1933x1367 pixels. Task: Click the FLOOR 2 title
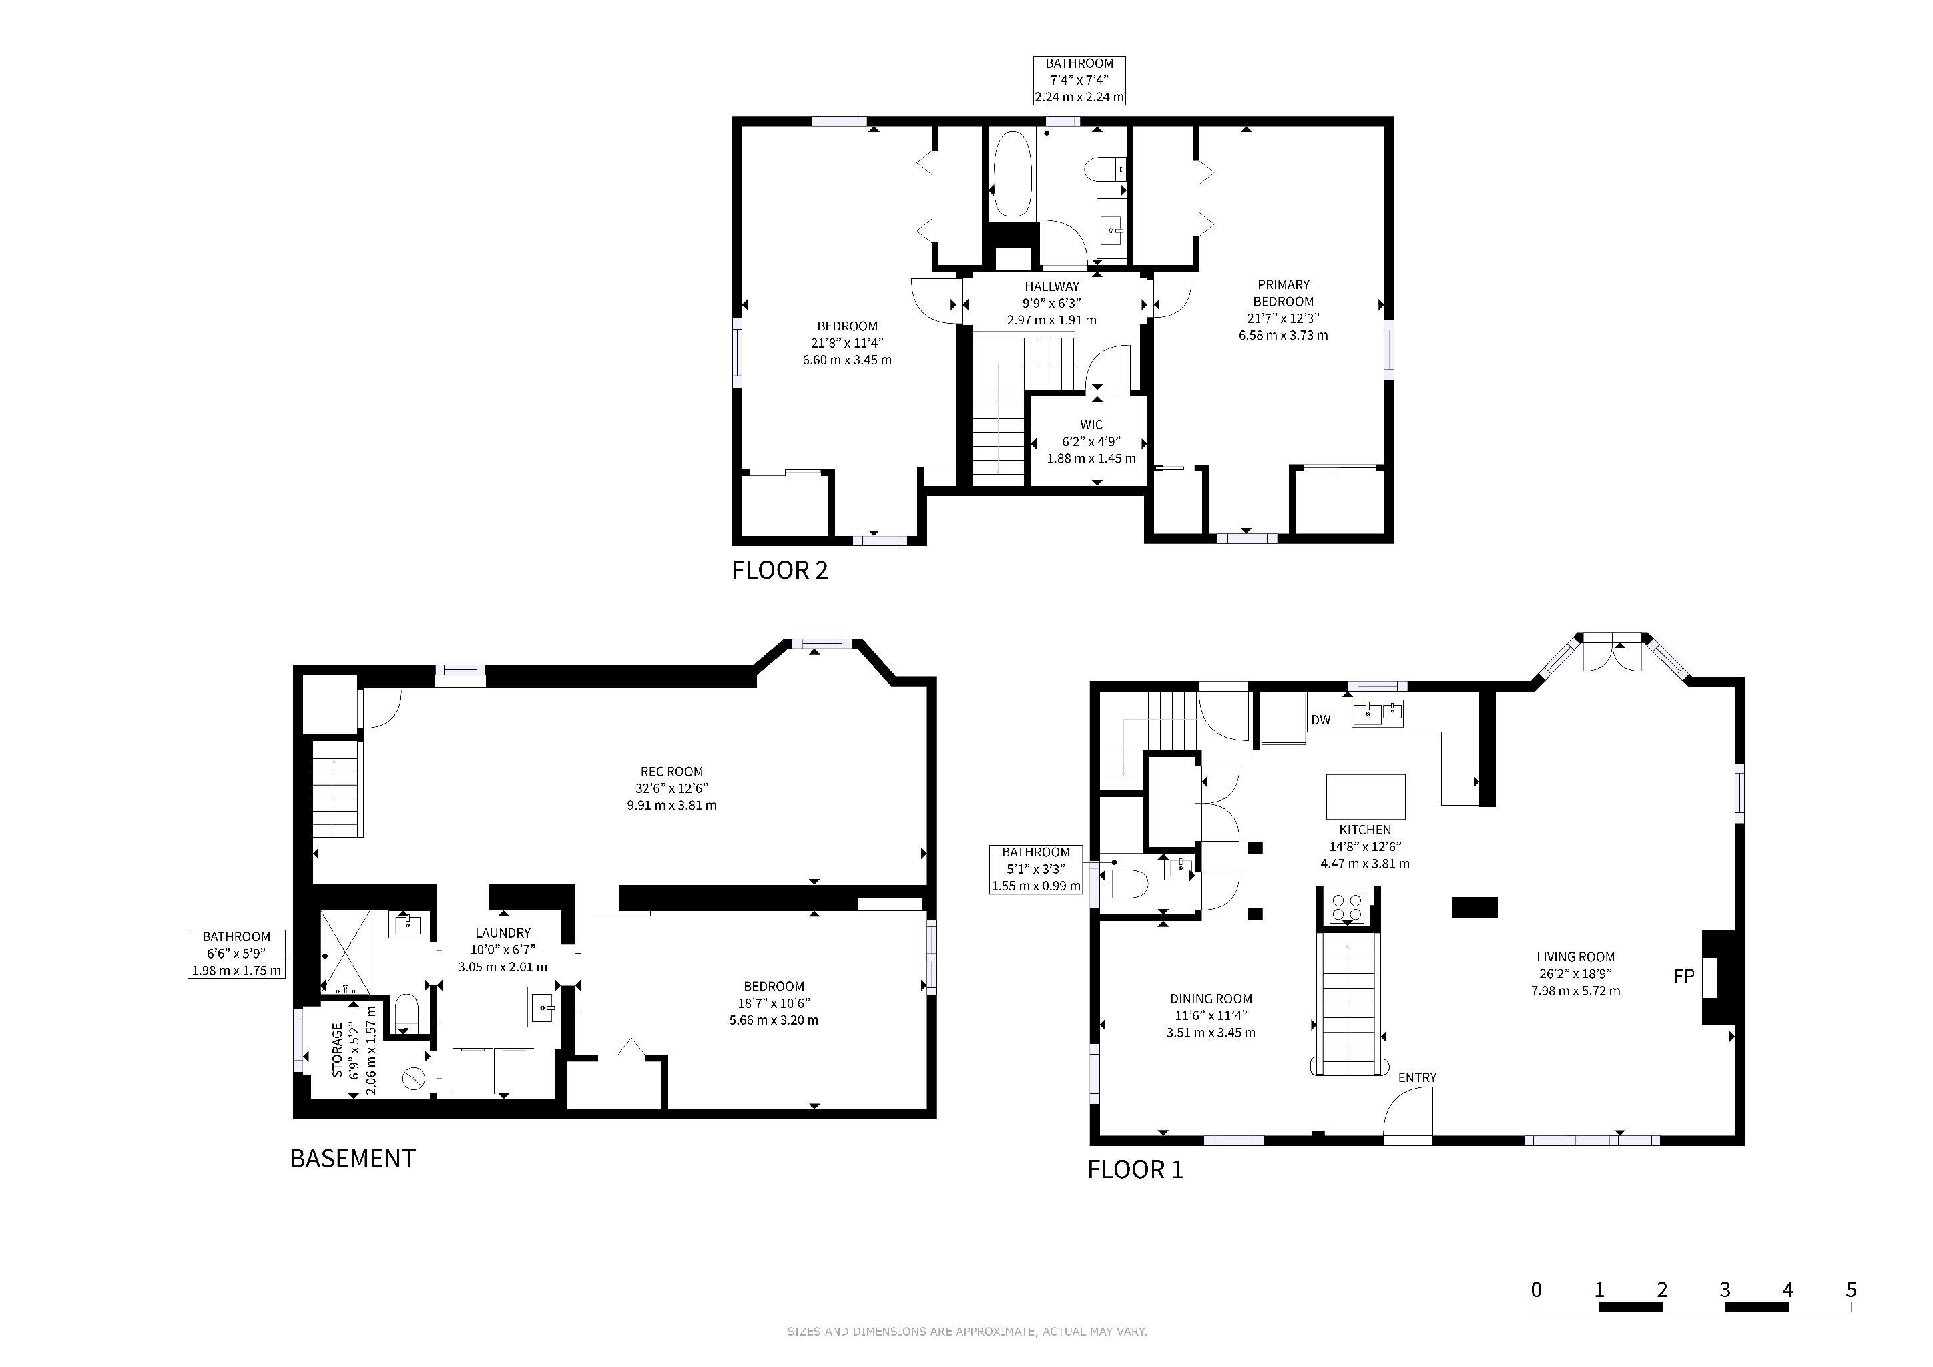780,571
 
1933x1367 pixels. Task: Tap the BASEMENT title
352,1159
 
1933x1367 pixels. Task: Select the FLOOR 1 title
1135,1170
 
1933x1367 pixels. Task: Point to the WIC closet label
1091,425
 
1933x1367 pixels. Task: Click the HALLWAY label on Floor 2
1051,286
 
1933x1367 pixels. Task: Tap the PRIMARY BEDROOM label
1283,293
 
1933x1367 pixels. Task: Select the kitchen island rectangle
1366,796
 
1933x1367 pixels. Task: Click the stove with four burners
1346,907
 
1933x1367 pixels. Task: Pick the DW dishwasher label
1321,720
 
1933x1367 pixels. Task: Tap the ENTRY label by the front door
1418,1077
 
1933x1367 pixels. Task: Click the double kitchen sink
1378,713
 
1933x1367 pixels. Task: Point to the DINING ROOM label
1211,999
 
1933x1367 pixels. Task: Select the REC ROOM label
671,772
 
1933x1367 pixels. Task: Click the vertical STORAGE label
338,1051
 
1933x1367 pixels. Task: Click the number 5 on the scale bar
1850,1290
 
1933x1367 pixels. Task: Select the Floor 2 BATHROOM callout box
1079,81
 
